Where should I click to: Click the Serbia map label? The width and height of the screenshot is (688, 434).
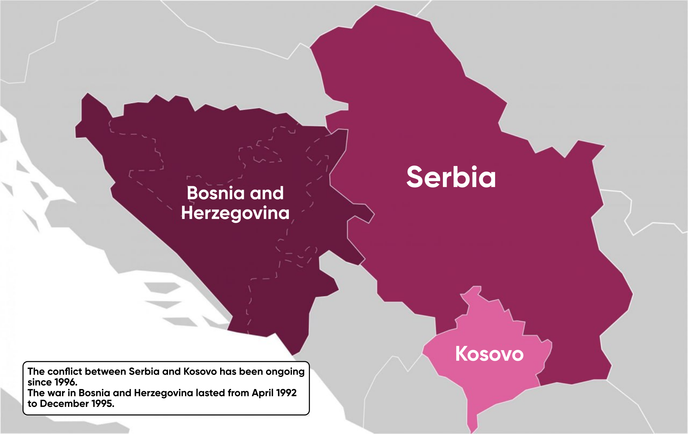tap(451, 177)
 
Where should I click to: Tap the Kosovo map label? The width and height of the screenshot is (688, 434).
tap(489, 354)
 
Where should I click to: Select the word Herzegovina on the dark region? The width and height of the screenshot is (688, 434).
tap(235, 213)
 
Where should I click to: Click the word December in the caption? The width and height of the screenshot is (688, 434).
tap(64, 404)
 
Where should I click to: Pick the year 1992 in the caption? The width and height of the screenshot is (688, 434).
tap(286, 393)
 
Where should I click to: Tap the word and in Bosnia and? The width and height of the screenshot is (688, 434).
tap(267, 193)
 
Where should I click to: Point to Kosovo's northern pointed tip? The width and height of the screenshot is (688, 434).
tap(476, 288)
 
